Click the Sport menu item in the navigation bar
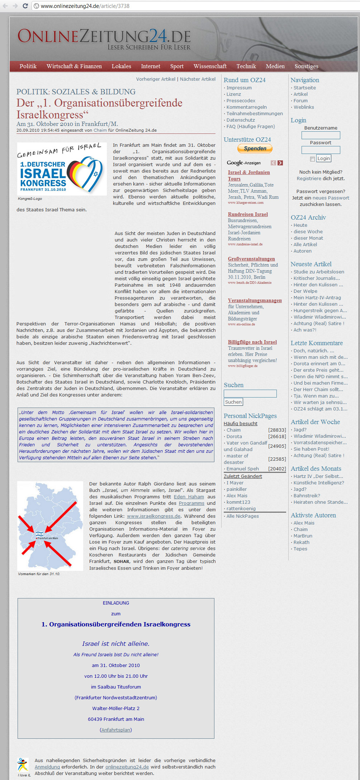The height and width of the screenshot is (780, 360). click(x=177, y=66)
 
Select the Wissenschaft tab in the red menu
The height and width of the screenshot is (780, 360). click(x=210, y=66)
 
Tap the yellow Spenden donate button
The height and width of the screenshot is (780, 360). click(x=255, y=149)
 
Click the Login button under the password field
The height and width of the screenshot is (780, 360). click(x=323, y=159)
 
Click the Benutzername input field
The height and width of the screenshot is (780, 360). click(x=321, y=135)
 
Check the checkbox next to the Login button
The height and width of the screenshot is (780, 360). click(x=312, y=159)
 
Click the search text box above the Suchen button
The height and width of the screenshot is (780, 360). click(x=250, y=394)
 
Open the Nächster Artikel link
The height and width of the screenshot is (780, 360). click(x=198, y=79)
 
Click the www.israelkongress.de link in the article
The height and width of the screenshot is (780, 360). click(x=153, y=516)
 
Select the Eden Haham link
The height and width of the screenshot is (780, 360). click(x=189, y=497)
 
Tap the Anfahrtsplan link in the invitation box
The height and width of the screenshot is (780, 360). click(x=116, y=730)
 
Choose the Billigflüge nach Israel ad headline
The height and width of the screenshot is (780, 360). click(x=252, y=342)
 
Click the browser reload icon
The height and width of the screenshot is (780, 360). click(x=25, y=6)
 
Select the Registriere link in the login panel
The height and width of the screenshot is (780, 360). click(x=309, y=179)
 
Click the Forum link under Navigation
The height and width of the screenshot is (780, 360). click(x=300, y=101)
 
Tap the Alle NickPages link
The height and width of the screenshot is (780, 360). click(x=242, y=516)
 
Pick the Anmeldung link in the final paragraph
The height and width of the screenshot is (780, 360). click(x=47, y=767)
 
